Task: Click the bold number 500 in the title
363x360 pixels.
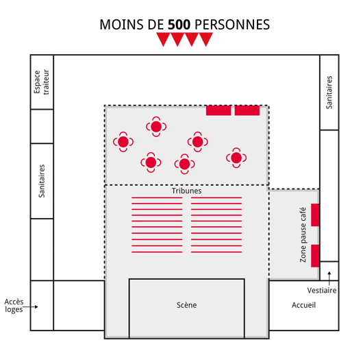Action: click(179, 25)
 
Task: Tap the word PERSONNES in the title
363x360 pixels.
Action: click(232, 25)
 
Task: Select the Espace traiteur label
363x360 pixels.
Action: click(42, 82)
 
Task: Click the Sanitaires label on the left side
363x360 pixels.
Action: click(42, 181)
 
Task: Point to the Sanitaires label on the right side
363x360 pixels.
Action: click(329, 93)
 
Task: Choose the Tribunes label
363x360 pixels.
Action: click(186, 191)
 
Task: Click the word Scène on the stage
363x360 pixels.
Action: click(186, 305)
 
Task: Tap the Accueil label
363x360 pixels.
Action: click(303, 305)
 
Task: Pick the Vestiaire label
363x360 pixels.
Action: click(322, 290)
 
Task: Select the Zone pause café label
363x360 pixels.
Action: click(303, 235)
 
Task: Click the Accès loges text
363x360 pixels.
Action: click(14, 306)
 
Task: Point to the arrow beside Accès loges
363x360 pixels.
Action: click(30, 307)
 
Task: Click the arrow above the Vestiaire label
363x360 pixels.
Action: click(329, 278)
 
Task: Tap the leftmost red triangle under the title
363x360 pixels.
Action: click(164, 38)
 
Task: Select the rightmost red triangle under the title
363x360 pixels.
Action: click(205, 38)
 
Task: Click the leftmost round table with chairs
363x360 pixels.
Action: click(123, 142)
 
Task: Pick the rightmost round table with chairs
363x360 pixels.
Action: click(236, 158)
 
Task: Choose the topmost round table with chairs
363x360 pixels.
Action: click(156, 127)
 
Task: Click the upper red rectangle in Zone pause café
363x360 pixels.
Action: click(315, 215)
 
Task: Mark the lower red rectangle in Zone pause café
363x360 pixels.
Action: click(315, 256)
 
